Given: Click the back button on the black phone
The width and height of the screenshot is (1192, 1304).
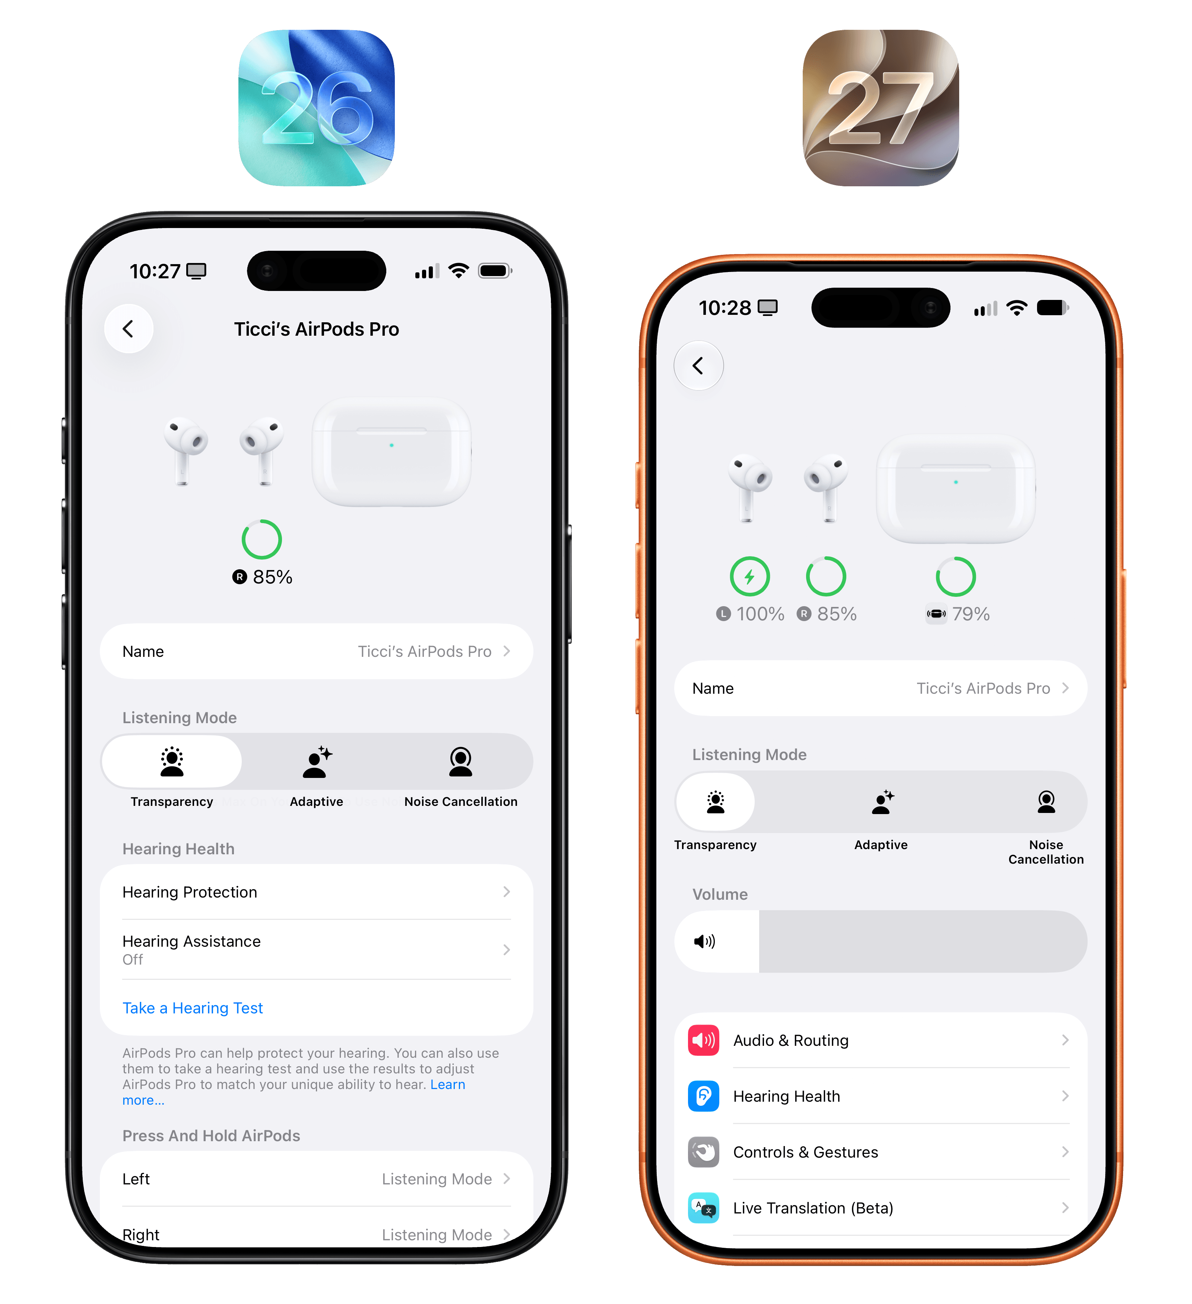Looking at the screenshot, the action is tap(129, 329).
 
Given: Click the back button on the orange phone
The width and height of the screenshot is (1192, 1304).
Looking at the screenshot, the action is tap(698, 365).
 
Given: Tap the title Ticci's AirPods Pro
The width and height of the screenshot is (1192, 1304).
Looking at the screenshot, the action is tap(316, 329).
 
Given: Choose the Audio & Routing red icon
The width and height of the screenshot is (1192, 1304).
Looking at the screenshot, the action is tap(704, 1040).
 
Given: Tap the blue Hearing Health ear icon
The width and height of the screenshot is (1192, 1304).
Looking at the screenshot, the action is tap(704, 1096).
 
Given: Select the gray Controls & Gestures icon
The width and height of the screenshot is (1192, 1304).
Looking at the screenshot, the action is tap(704, 1152).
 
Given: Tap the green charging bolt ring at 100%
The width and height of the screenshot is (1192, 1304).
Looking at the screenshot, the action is tap(749, 576).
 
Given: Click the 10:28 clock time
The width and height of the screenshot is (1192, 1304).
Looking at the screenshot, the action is tap(725, 308).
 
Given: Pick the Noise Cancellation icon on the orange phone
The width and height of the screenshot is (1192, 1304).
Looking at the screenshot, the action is tap(1046, 802).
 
